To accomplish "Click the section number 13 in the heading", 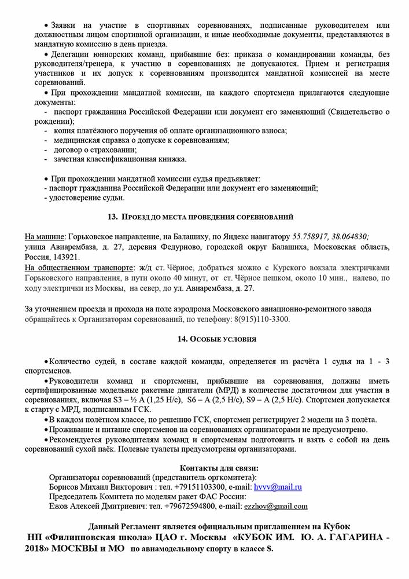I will click(x=112, y=217).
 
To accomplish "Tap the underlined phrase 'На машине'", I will click(x=45, y=236).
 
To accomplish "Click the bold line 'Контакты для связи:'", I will click(x=219, y=468).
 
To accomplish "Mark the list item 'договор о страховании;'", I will click(x=87, y=149).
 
